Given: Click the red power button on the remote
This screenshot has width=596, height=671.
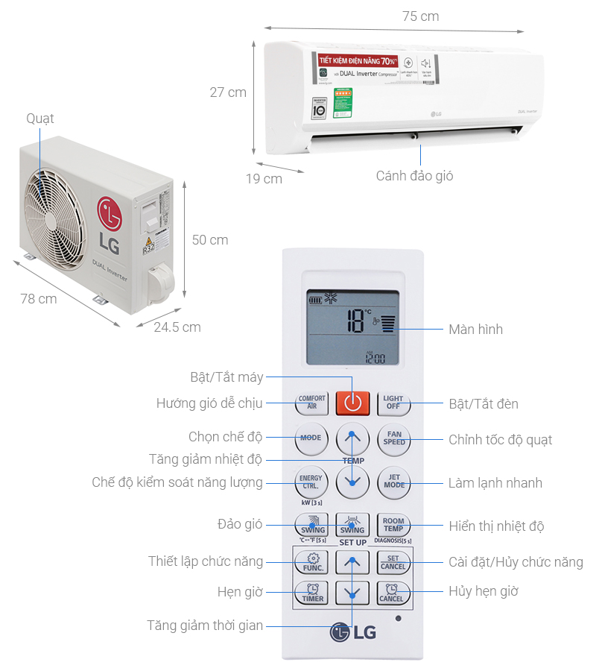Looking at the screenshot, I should tap(352, 403).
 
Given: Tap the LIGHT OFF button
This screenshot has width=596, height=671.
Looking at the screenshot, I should tap(393, 403).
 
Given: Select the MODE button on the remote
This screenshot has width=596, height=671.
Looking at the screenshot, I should tap(311, 438).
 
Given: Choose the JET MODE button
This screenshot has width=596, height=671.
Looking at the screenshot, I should tap(393, 482).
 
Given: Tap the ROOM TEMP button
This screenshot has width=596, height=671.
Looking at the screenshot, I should tap(393, 525).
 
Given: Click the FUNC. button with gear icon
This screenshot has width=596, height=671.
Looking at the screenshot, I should tap(312, 561).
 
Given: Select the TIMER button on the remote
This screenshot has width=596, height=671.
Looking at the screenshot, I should tap(312, 593).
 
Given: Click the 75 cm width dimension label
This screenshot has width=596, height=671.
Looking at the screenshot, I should tap(421, 16).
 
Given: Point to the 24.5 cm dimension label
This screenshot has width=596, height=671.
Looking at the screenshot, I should tap(177, 327).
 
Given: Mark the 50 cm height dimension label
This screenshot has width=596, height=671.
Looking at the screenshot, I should tap(210, 240).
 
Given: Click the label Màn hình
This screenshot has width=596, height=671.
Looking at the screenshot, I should tap(475, 330).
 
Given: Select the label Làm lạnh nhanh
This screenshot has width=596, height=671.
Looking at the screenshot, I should tap(495, 483).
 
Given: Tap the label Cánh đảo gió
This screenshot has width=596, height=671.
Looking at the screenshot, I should tap(414, 177).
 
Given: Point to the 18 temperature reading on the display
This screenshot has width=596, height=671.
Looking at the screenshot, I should tap(356, 321).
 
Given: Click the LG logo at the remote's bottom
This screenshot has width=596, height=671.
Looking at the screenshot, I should tap(353, 632).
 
